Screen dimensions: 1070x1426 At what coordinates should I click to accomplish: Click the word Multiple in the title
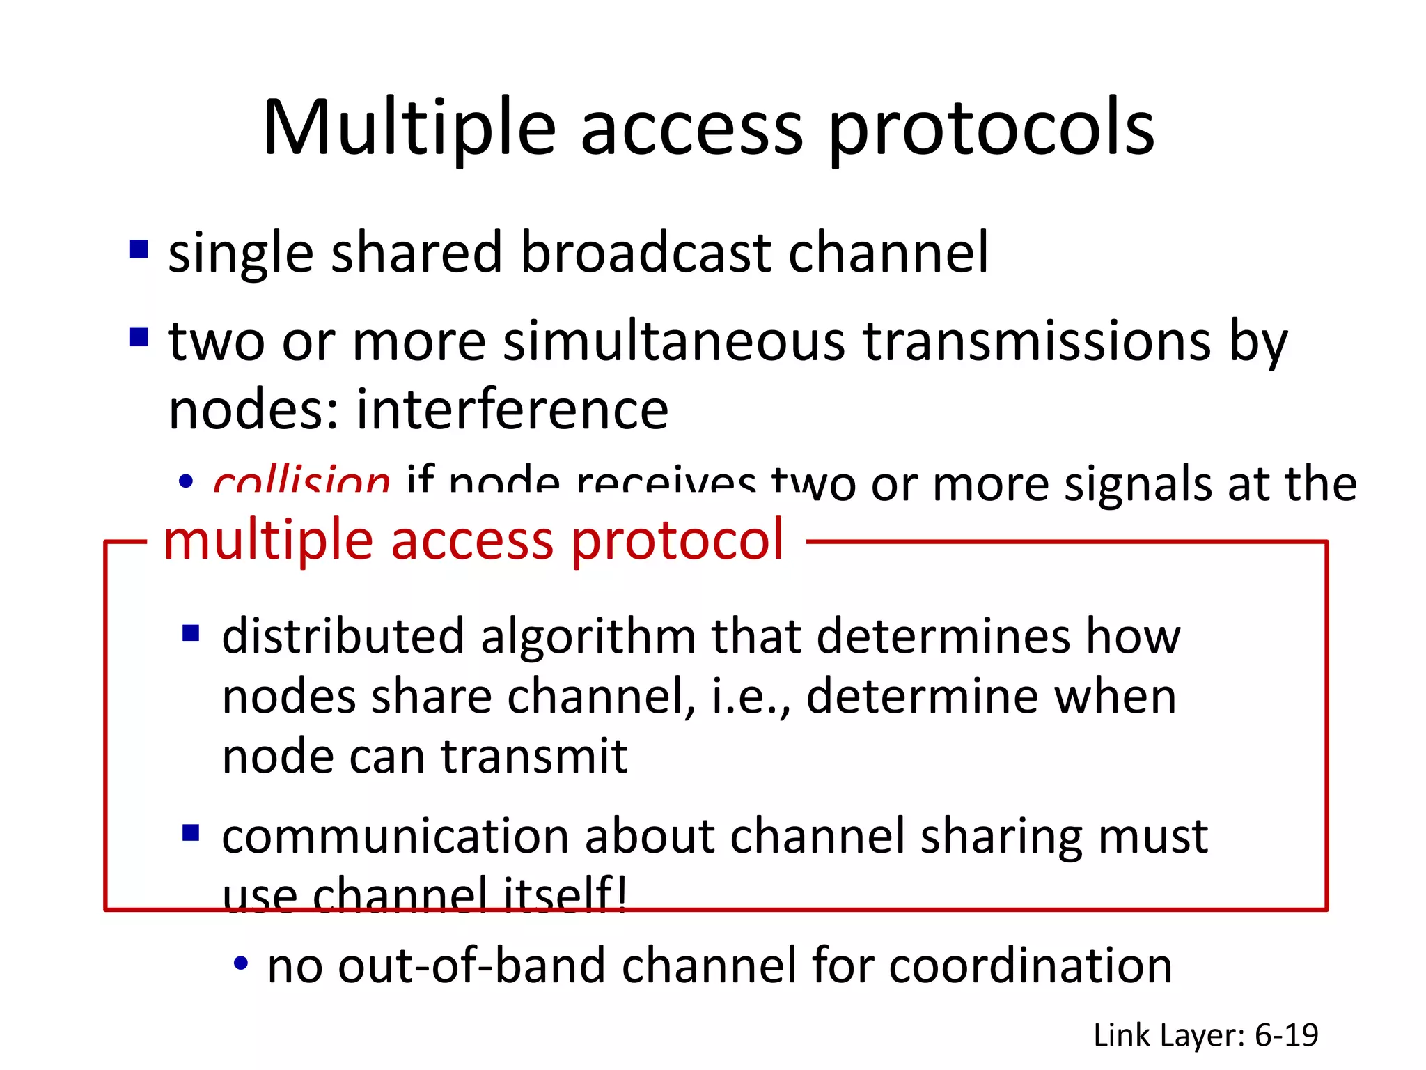[x=409, y=129]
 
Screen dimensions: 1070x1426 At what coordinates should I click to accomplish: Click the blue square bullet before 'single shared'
[x=139, y=249]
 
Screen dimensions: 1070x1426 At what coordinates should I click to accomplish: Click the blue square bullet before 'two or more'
[x=139, y=338]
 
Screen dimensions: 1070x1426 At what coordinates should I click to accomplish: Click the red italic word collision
[x=301, y=481]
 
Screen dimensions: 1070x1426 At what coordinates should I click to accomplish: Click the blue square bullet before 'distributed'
[x=191, y=633]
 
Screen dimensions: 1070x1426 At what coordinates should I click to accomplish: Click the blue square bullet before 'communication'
[x=191, y=833]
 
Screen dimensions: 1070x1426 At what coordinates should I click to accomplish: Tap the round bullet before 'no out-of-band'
[x=241, y=964]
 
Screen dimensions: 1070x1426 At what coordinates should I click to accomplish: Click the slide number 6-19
[x=1286, y=1035]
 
